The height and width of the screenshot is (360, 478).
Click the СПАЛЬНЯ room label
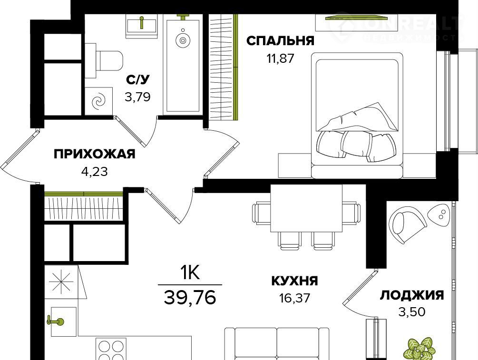pos(280,40)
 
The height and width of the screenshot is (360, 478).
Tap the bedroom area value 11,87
pos(281,58)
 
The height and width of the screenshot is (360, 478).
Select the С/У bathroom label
pos(138,80)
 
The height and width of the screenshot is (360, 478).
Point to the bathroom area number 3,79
pos(137,97)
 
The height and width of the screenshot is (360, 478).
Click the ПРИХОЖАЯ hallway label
pos(95,154)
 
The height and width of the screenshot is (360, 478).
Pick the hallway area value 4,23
pos(95,172)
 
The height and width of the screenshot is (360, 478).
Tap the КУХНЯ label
pos(294,281)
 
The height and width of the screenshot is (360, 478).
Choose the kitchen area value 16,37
pos(294,298)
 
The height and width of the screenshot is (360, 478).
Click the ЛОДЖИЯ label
pos(412,295)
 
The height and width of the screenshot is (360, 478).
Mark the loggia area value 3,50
pos(412,312)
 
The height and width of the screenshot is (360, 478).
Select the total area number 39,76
pos(190,297)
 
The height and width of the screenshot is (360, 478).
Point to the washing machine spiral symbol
pos(99,101)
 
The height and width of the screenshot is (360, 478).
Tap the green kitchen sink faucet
pos(55,321)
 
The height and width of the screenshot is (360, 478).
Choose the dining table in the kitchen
pos(306,208)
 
